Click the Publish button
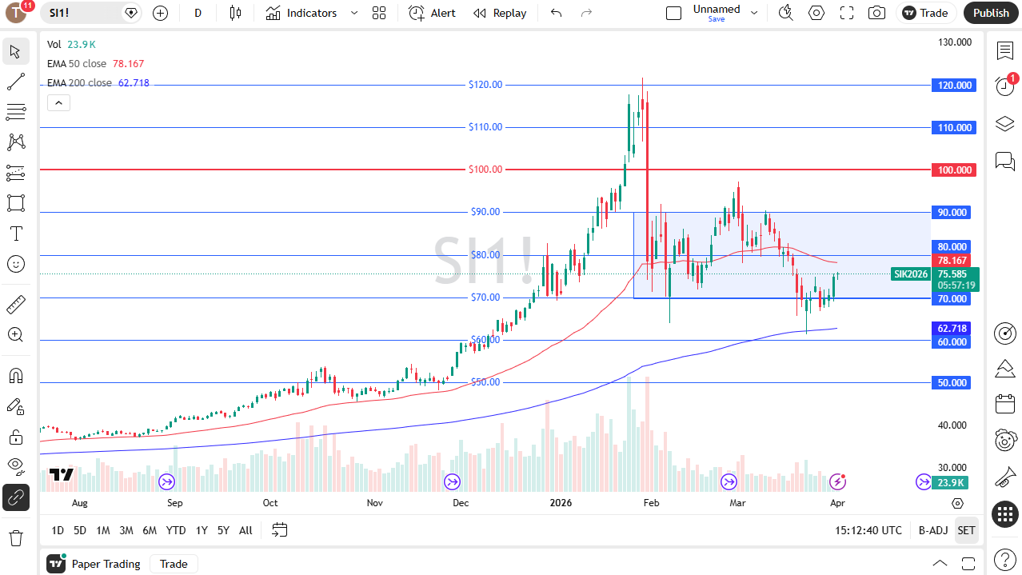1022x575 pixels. pos(991,13)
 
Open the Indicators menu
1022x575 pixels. pos(301,13)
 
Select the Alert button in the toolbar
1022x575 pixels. pos(432,13)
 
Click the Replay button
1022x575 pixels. pos(500,13)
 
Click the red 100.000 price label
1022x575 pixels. pos(953,170)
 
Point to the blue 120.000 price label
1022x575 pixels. pos(953,85)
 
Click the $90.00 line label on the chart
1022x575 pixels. pos(485,212)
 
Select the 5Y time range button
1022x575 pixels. pos(223,530)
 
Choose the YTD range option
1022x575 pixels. pos(176,530)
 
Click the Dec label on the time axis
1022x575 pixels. pos(461,503)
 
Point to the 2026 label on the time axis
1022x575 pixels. pos(561,503)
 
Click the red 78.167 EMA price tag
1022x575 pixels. pos(952,261)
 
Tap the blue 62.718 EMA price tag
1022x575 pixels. pos(952,329)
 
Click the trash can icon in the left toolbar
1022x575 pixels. pos(15,537)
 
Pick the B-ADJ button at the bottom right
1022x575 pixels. pos(932,530)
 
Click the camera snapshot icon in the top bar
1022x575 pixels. pos(877,13)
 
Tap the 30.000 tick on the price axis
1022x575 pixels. pos(953,468)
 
